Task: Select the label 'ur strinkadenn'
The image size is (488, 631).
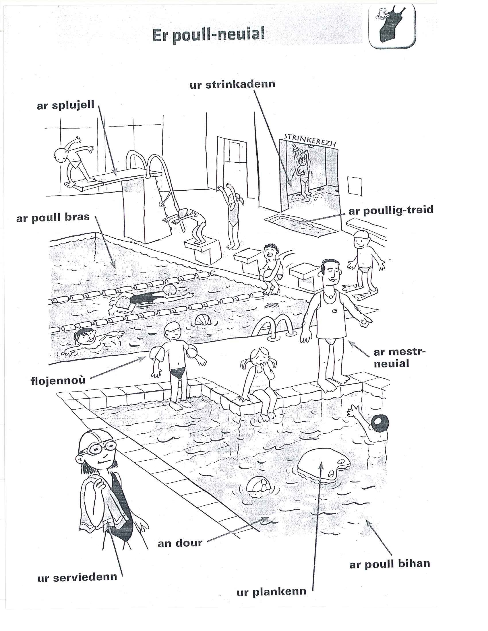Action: coord(233,85)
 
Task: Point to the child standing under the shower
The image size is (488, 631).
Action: coord(303,176)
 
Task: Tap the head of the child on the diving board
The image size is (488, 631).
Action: coord(61,156)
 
